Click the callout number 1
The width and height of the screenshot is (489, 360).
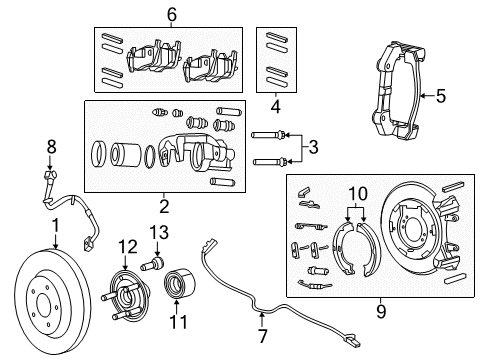coord(56,225)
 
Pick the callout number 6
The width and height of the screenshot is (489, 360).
coord(171,14)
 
